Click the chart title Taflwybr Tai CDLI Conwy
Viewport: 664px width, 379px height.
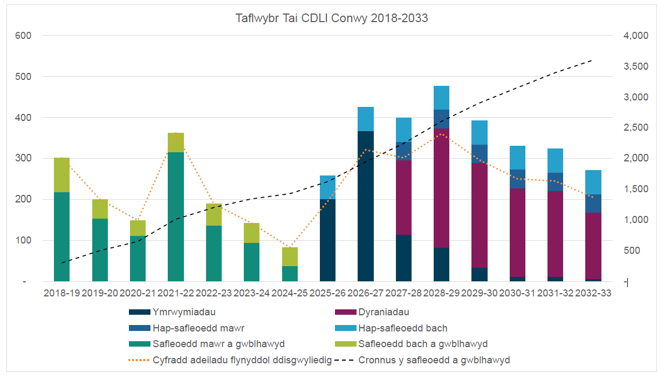pos(332,18)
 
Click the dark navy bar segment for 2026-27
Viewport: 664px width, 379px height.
pos(366,206)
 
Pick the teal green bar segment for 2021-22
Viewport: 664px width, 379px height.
pos(176,216)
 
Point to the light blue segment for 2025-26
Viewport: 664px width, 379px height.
pos(327,187)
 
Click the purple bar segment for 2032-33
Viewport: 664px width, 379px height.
pos(593,246)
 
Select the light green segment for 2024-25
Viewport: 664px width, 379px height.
pos(290,256)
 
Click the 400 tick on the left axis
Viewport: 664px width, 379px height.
pos(24,118)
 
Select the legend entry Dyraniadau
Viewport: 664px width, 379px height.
pos(384,312)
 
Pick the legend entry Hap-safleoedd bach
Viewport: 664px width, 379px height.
pos(402,328)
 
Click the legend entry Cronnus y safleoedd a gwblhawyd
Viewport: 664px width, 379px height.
pos(433,360)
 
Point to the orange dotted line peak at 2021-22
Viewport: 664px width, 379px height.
pos(176,133)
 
